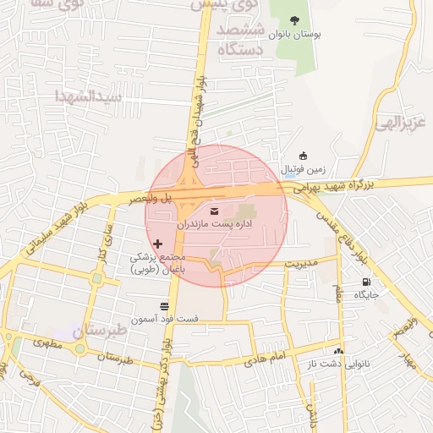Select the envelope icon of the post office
[x=213, y=210]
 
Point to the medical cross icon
[x=157, y=244]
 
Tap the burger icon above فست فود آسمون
[x=164, y=305]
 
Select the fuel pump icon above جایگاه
[x=366, y=282]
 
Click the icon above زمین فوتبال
[x=304, y=155]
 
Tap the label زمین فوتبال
[x=297, y=168]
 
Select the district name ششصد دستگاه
[x=241, y=40]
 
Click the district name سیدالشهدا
[x=88, y=96]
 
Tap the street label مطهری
[x=48, y=343]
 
